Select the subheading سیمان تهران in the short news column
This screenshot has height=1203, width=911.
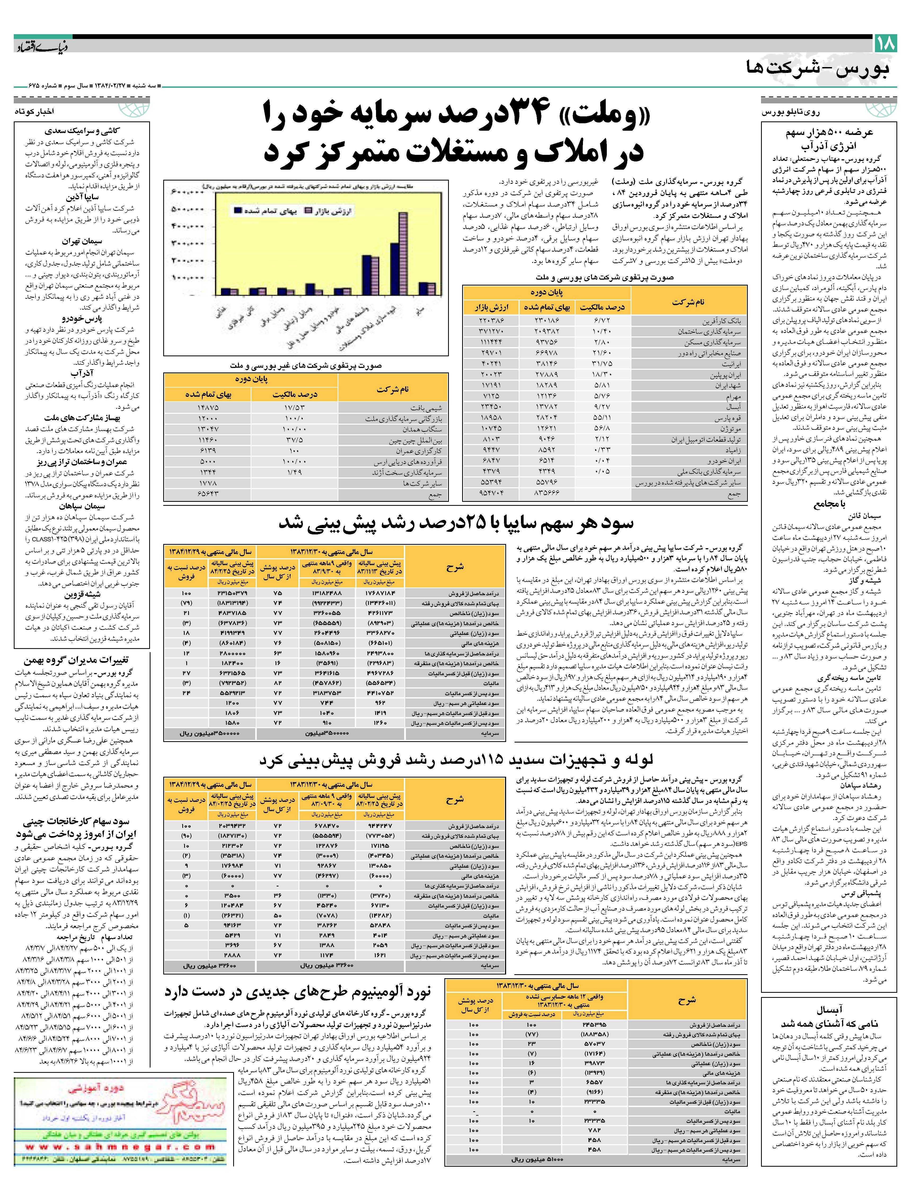[x=82, y=241]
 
